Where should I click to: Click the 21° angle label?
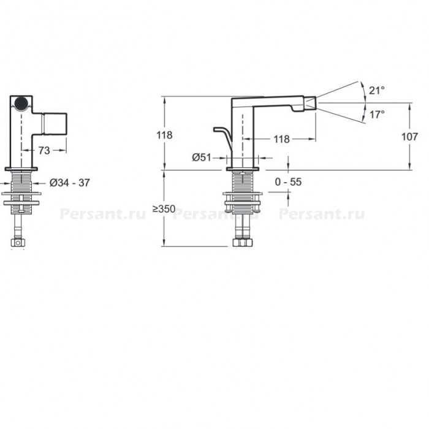(377, 90)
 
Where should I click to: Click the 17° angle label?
(377, 115)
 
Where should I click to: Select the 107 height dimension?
(409, 137)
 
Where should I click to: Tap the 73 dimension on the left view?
(44, 150)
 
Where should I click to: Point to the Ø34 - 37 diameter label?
(69, 183)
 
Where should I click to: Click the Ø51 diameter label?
(202, 158)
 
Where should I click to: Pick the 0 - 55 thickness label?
(288, 181)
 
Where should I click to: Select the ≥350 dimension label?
(164, 209)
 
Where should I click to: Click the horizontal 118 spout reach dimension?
(281, 139)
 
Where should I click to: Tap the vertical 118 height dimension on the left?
(164, 135)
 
